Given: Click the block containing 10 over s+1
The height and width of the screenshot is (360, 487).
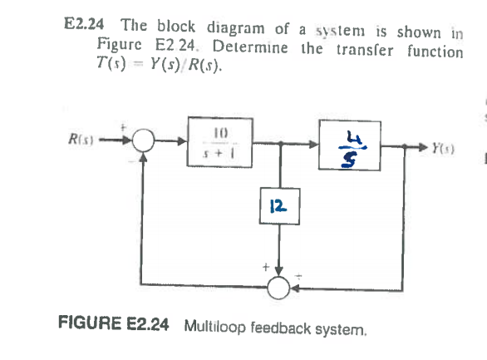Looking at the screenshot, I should (224, 142).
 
